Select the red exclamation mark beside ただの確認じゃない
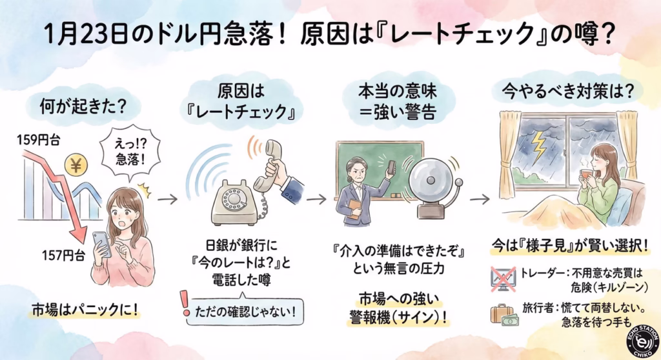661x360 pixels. coord(186,302)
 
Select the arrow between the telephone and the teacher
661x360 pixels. coord(316,199)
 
